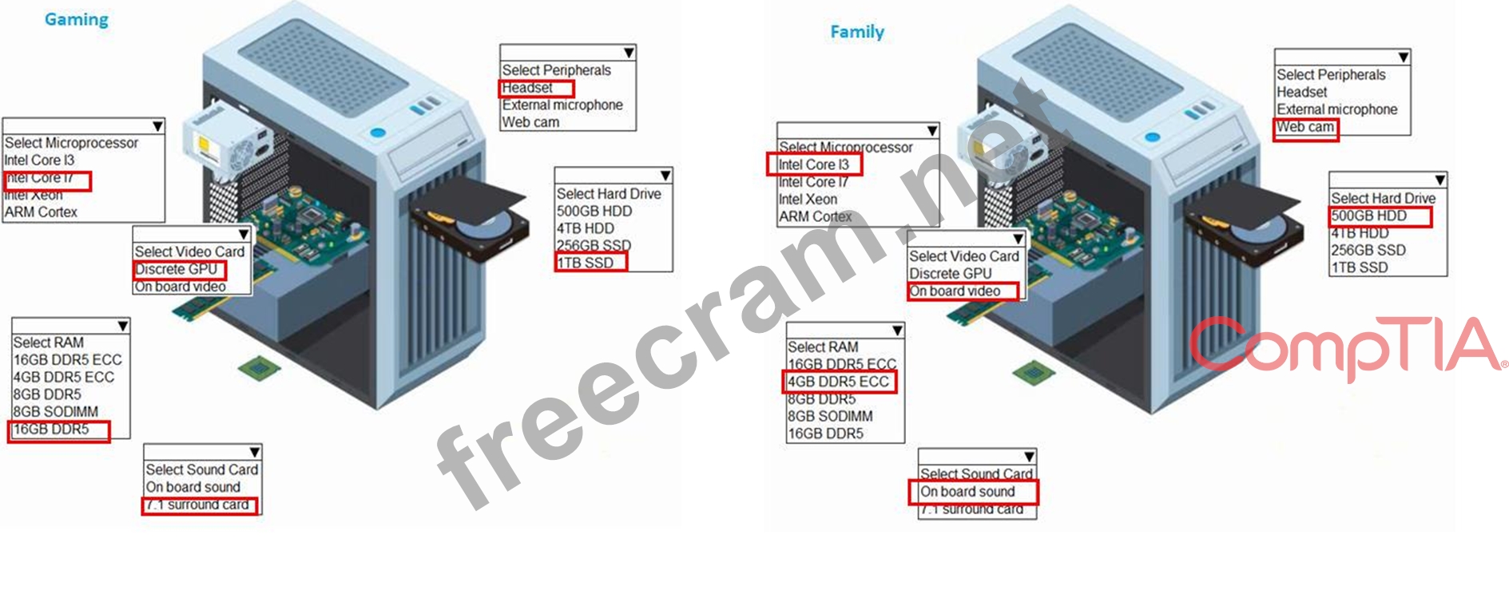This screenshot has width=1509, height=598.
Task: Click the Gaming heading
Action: [x=77, y=20]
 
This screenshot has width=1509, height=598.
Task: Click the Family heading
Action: [x=857, y=32]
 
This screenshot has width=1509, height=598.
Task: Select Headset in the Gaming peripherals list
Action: [x=527, y=88]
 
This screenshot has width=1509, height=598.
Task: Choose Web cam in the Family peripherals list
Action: [x=1304, y=127]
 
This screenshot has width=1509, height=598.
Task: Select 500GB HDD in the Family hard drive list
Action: [x=1368, y=216]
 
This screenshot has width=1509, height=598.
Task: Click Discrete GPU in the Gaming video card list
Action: [x=176, y=269]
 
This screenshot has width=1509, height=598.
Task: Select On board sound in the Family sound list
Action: [x=967, y=492]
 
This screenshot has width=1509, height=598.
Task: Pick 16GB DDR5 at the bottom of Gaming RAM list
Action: [x=51, y=430]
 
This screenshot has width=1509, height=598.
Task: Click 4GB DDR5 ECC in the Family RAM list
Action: [x=838, y=382]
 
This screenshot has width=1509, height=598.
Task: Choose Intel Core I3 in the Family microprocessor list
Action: [x=813, y=164]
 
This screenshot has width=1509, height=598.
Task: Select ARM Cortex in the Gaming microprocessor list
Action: [x=42, y=212]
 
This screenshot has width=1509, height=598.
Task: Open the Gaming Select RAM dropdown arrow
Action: [x=123, y=326]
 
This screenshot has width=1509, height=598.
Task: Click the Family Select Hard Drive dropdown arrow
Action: [x=1440, y=180]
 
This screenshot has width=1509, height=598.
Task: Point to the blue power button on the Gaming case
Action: [x=378, y=132]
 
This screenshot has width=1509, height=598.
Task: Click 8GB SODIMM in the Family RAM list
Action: [x=830, y=417]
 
